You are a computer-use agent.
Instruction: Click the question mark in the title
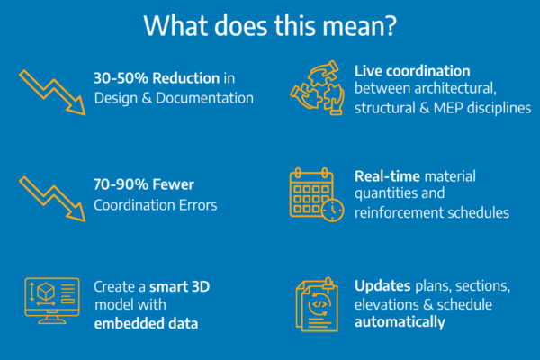[x=390, y=26]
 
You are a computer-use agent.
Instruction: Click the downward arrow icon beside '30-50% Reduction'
[x=51, y=92]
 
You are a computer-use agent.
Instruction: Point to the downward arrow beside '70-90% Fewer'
[x=51, y=198]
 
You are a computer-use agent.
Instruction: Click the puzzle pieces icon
[x=317, y=88]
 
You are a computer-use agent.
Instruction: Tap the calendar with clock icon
[x=317, y=195]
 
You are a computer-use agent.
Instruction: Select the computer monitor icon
[x=52, y=301]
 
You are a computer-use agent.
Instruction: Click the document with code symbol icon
[x=317, y=304]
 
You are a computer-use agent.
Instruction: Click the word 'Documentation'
[x=204, y=98]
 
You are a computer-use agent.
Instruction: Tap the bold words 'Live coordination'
[x=412, y=71]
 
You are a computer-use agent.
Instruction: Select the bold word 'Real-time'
[x=387, y=176]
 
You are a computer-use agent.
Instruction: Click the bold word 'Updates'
[x=382, y=286]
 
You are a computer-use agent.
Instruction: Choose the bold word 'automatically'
[x=400, y=322]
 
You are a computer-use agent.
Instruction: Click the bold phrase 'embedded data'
[x=146, y=323]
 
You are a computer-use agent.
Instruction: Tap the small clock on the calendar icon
[x=333, y=210]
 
